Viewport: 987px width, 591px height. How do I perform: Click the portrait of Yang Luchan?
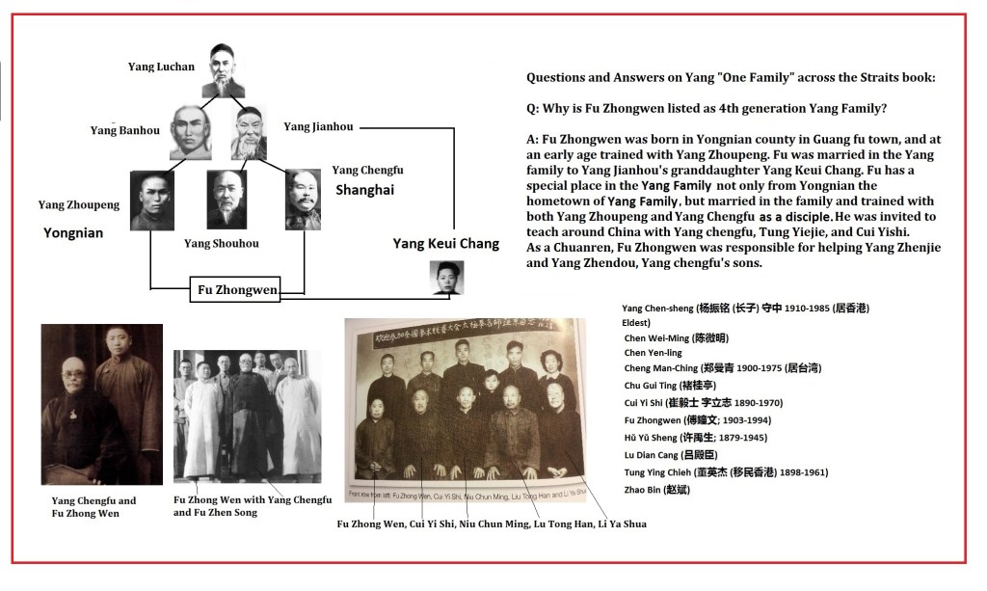pos(223,71)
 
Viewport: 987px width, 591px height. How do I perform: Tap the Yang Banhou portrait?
pos(190,133)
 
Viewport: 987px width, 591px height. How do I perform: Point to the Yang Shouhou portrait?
pos(227,200)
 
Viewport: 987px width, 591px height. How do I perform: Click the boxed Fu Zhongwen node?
pos(234,288)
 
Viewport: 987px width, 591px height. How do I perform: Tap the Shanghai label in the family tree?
pos(364,190)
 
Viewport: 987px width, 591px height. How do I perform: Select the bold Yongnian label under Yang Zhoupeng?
pos(72,233)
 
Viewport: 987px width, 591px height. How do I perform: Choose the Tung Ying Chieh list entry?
pos(725,472)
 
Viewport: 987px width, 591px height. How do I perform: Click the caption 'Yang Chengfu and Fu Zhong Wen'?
pos(93,507)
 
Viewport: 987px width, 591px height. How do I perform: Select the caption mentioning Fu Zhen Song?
pos(252,506)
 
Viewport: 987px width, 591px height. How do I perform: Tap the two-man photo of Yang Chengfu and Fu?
pos(101,404)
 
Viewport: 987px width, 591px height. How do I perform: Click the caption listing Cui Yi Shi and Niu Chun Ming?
pos(491,524)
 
